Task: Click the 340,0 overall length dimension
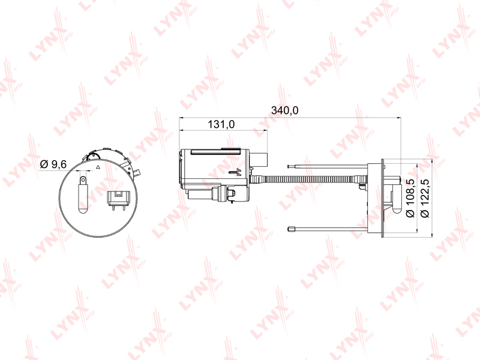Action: [x=284, y=110]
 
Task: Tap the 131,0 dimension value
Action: [x=221, y=124]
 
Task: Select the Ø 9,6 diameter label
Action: [x=53, y=164]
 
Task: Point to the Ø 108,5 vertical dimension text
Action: [x=410, y=199]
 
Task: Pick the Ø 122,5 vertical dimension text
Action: [x=425, y=199]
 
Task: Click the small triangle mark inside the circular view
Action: [x=98, y=167]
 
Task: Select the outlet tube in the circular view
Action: [x=83, y=195]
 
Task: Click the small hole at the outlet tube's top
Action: [x=83, y=181]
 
